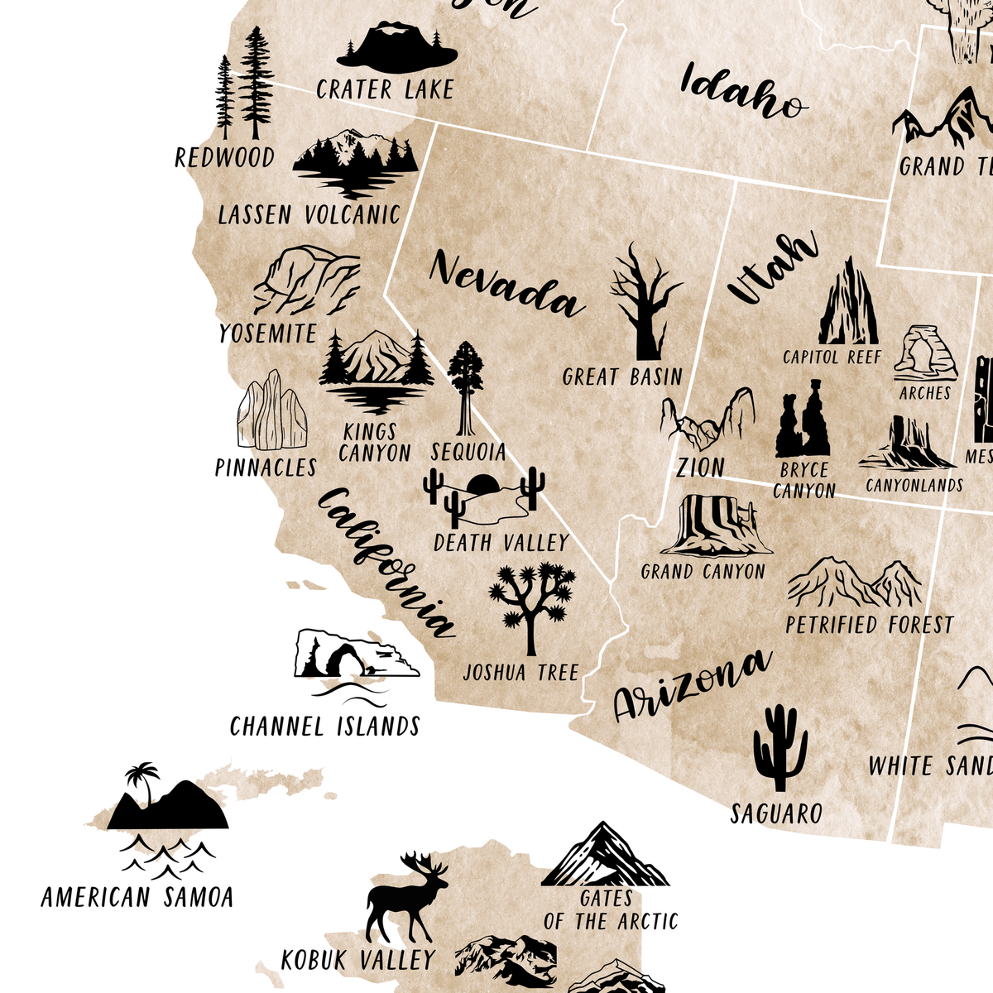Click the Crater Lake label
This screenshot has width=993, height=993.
[385, 89]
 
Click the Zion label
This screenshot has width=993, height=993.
[700, 468]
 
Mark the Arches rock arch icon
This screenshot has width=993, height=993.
[925, 354]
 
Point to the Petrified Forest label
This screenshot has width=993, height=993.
[869, 625]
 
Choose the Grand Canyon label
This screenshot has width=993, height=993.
[703, 572]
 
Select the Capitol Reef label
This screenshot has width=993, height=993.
[832, 357]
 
